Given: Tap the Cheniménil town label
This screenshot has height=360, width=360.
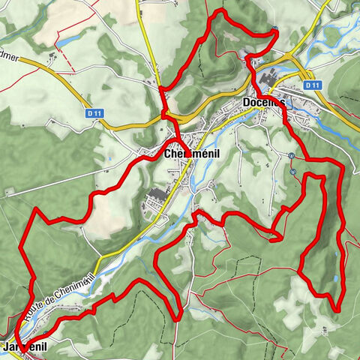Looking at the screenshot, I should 190,154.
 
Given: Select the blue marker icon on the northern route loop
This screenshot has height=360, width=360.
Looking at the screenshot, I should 275,29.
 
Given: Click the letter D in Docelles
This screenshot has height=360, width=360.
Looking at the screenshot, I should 247,103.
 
